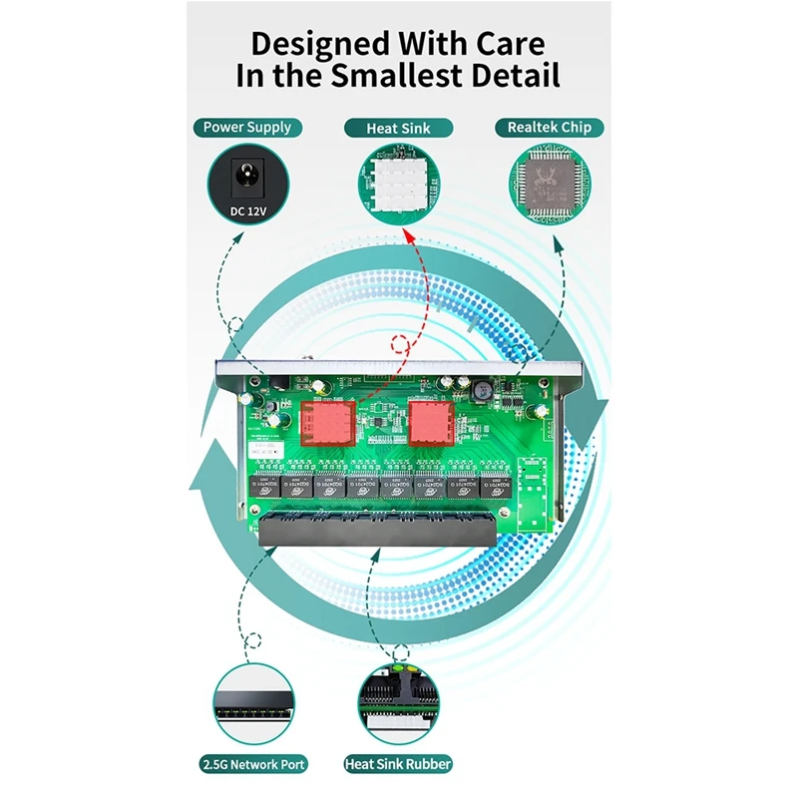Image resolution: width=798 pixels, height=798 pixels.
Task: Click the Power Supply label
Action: pyautogui.click(x=247, y=128)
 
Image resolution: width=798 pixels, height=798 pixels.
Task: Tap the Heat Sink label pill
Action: pyautogui.click(x=399, y=128)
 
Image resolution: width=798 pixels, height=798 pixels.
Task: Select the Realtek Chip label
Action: pyautogui.click(x=550, y=128)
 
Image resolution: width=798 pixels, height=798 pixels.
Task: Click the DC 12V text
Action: pyautogui.click(x=247, y=210)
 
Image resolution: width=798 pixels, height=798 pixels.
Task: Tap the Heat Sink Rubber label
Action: pyautogui.click(x=398, y=765)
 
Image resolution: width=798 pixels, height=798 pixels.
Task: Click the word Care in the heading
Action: pyautogui.click(x=503, y=44)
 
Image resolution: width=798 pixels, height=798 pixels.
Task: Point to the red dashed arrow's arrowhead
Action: pyautogui.click(x=407, y=235)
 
